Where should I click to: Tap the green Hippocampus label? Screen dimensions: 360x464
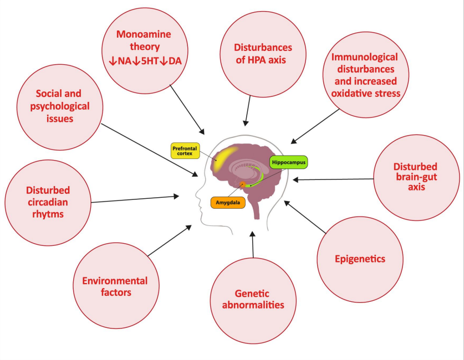(288, 162)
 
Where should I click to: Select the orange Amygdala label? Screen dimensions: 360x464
(228, 203)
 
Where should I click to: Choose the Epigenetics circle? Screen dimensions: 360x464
(360, 259)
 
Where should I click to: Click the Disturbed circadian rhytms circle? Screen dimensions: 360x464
(47, 202)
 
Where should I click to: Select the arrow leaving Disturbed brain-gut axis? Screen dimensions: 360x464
(333, 179)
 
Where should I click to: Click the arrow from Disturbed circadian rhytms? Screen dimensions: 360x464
(133, 199)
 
